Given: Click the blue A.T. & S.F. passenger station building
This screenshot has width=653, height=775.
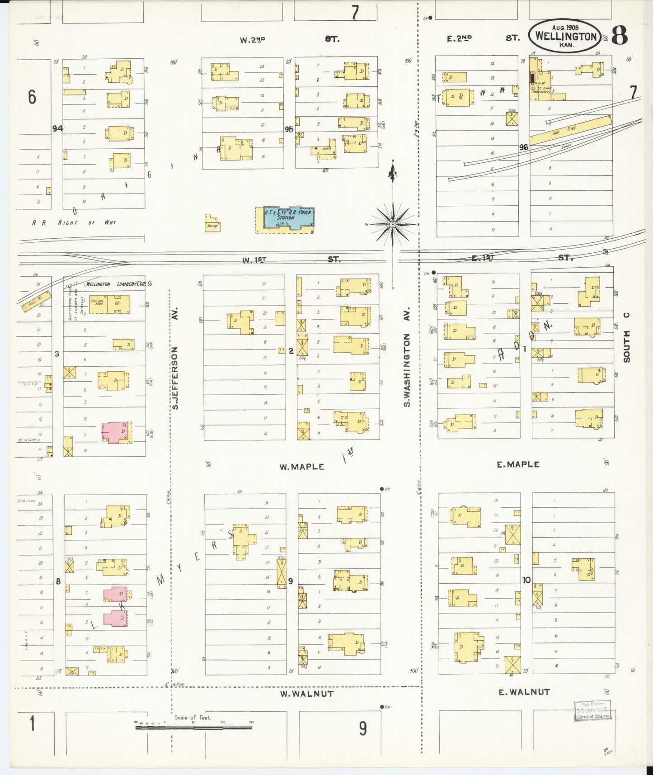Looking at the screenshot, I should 288,218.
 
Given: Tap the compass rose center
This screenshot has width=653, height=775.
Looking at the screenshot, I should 393,224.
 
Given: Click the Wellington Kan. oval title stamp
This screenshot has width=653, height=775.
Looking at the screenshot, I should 565,36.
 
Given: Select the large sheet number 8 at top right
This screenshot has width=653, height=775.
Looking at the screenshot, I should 620,35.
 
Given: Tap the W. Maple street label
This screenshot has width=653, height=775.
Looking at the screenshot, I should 301,467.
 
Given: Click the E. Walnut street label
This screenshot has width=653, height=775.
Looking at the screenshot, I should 524,692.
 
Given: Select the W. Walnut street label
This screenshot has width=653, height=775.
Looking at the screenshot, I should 306,694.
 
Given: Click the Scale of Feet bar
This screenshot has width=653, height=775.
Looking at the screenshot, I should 193,728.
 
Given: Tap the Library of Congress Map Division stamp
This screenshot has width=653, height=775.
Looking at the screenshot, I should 592,710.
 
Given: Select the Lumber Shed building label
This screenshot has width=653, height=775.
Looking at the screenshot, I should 98,302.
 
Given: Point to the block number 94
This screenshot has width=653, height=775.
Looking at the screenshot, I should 57,128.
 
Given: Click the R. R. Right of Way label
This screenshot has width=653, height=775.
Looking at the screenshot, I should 74,222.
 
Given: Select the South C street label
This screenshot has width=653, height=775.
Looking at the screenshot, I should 626,337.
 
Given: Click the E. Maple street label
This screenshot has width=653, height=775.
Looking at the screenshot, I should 518,464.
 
